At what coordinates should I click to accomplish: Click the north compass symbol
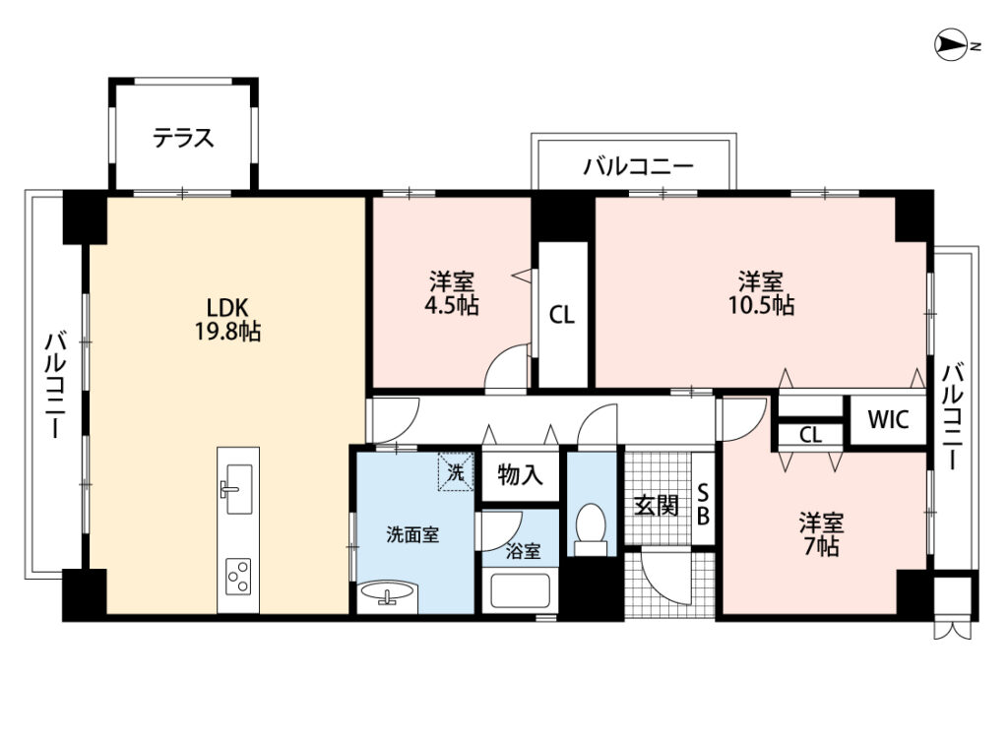point(954,46)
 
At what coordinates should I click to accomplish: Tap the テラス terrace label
point(183,138)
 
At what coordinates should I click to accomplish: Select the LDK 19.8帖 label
point(227,320)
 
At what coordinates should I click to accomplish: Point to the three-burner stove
point(238,578)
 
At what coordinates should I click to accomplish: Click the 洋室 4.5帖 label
point(452,293)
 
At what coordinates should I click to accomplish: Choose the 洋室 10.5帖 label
point(761,293)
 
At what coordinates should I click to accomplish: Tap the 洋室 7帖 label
point(822,534)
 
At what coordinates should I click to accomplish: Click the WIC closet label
point(889,419)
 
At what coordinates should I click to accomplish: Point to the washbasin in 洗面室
point(388,595)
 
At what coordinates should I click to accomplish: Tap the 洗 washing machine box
point(456,472)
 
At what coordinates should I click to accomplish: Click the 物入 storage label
point(520,475)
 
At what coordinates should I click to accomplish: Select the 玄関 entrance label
point(657,506)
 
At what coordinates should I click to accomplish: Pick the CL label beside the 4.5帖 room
point(562,315)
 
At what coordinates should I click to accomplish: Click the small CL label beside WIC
point(811,435)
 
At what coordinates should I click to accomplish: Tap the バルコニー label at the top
point(638,166)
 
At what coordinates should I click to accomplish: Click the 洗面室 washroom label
point(412,534)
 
